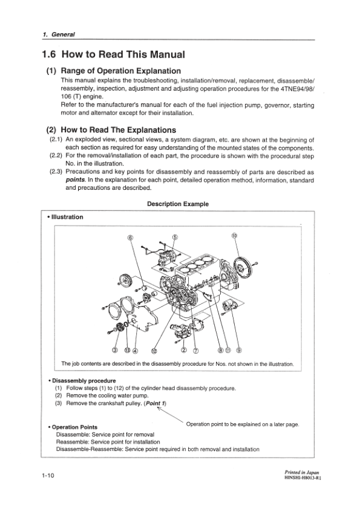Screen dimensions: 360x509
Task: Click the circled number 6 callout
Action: point(131,238)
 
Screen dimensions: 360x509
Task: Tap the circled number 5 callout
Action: point(175,237)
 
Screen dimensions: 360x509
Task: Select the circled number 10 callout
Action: point(234,236)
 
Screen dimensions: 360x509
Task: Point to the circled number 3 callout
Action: point(114,350)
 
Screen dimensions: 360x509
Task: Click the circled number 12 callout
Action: point(154,350)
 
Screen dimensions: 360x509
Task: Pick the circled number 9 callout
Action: point(240,350)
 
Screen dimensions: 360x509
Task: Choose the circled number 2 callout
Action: point(184,350)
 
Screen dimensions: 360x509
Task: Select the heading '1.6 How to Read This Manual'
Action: point(113,54)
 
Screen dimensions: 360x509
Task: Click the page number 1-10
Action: point(48,476)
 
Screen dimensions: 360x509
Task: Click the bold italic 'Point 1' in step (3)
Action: point(155,403)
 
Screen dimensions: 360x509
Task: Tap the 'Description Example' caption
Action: point(178,204)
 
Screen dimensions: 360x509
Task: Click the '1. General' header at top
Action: point(59,34)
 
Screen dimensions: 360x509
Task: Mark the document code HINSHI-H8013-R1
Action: point(304,478)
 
